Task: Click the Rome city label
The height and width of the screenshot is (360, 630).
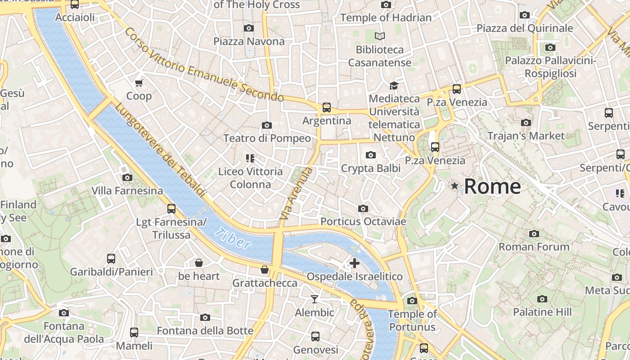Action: coord(492,186)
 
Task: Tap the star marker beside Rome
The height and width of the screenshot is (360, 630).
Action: coord(455,186)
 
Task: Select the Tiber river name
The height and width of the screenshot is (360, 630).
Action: coord(232,238)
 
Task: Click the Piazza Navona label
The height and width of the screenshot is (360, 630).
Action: coord(249,41)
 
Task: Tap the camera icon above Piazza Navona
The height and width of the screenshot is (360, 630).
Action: coord(248,28)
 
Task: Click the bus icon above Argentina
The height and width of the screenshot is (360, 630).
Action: coord(327,108)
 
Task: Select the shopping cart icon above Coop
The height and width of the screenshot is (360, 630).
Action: coord(139,83)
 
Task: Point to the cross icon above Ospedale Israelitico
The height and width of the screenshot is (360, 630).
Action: coord(355,263)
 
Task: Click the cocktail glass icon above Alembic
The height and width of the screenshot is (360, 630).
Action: coord(314,299)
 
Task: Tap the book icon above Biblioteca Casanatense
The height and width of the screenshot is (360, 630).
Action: coord(380,36)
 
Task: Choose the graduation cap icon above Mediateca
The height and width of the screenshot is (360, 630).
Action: coord(394,85)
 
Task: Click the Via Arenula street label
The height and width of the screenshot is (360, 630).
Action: coord(296,193)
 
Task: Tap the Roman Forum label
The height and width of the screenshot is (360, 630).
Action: coord(534,247)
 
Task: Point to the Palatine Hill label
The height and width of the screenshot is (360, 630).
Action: coord(542,312)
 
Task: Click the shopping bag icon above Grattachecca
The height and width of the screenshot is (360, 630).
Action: coord(265,270)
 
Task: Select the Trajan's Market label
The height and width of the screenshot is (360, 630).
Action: coord(526,135)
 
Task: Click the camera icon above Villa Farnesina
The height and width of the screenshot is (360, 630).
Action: coord(127,177)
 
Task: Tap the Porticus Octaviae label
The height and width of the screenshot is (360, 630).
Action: coord(363,221)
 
